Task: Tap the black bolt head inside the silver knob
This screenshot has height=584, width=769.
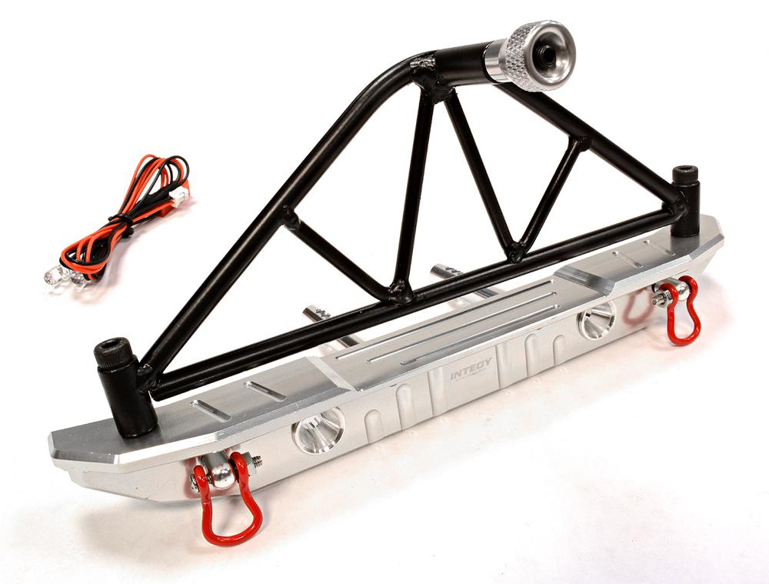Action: click(548, 53)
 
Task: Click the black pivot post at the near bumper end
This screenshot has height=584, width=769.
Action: click(123, 385)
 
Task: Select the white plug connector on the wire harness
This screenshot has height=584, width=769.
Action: click(179, 197)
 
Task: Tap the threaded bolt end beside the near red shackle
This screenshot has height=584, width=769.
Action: click(256, 461)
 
